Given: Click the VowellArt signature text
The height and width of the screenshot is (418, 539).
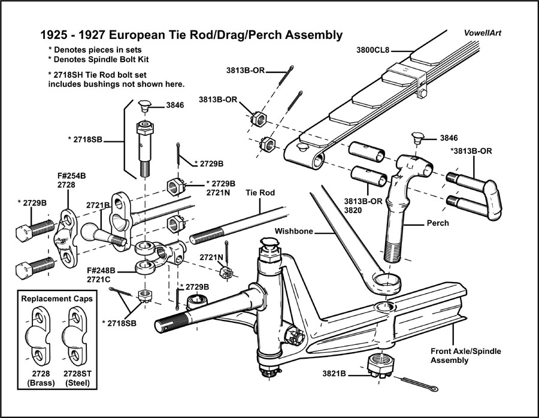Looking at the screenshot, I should pyautogui.click(x=482, y=33).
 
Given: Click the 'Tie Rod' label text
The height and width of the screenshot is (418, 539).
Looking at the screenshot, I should pyautogui.click(x=260, y=193).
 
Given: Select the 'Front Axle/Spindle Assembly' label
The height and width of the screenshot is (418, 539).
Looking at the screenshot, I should pyautogui.click(x=466, y=355).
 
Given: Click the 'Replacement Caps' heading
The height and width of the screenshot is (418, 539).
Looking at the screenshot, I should pyautogui.click(x=57, y=298).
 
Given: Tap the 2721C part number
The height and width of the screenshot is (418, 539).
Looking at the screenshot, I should pyautogui.click(x=102, y=279).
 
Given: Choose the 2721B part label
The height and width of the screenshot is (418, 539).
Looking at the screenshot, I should pyautogui.click(x=96, y=205).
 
